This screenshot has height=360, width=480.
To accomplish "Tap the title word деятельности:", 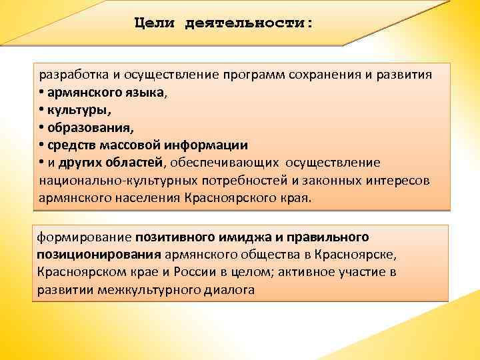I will coord(249,23).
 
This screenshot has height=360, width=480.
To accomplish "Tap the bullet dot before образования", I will coord(41,127).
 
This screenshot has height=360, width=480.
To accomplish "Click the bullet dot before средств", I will coord(41,144).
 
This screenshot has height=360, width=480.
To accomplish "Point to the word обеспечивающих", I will coord(226,162).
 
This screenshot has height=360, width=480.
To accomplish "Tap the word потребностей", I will coord(249,179).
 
